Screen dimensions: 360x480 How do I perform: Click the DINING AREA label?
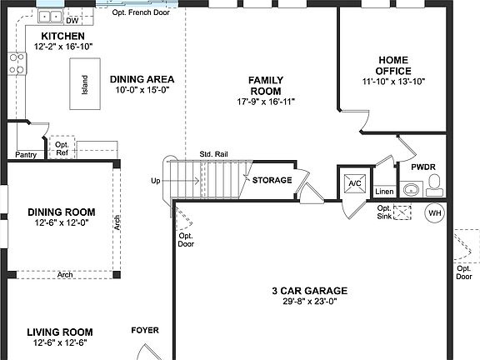(x=142, y=79)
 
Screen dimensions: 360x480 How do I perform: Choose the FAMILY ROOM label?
(x=266, y=85)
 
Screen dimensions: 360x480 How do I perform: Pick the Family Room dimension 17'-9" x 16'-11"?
(x=266, y=102)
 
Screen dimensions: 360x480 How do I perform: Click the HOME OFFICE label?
(x=394, y=65)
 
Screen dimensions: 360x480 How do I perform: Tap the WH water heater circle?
(x=435, y=212)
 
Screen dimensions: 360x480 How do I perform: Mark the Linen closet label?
(x=384, y=192)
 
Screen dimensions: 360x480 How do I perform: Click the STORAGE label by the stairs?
(x=272, y=180)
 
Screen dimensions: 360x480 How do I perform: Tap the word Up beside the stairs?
(x=156, y=181)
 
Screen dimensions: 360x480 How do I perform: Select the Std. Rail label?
(x=214, y=155)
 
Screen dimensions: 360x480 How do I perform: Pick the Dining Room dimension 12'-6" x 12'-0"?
(x=61, y=223)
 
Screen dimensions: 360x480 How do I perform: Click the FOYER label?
(x=145, y=331)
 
